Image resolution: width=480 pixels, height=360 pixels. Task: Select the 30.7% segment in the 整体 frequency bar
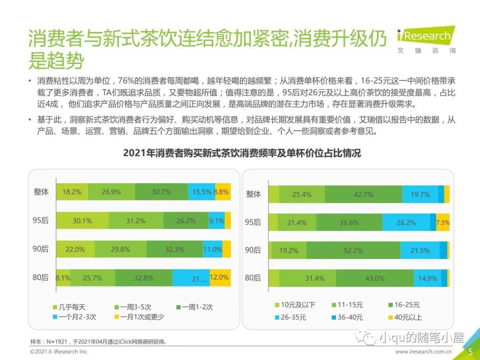pyautogui.click(x=161, y=192)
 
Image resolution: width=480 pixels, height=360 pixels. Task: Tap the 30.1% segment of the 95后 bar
pyautogui.click(x=82, y=220)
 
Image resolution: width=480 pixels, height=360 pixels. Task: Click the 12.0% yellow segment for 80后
pyautogui.click(x=220, y=278)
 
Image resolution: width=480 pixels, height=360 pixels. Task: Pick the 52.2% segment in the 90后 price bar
pyautogui.click(x=353, y=251)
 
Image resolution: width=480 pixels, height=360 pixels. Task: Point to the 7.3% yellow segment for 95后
pyautogui.click(x=443, y=223)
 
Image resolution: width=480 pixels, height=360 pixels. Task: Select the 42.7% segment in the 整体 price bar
pyautogui.click(x=363, y=194)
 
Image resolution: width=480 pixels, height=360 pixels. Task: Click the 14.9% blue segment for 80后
pyautogui.click(x=427, y=278)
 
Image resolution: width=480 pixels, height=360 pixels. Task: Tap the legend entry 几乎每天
pyautogui.click(x=72, y=307)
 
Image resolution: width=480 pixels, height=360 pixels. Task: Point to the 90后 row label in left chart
pyautogui.click(x=41, y=249)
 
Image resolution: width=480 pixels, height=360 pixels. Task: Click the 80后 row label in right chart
pyautogui.click(x=253, y=278)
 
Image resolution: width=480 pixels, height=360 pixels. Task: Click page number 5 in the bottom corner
pyautogui.click(x=470, y=352)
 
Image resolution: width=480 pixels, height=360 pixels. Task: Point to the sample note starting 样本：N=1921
pyautogui.click(x=100, y=342)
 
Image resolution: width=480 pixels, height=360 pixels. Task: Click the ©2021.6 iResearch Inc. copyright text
pyautogui.click(x=60, y=352)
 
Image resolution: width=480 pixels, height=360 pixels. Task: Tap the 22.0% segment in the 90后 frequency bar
pyautogui.click(x=75, y=249)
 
